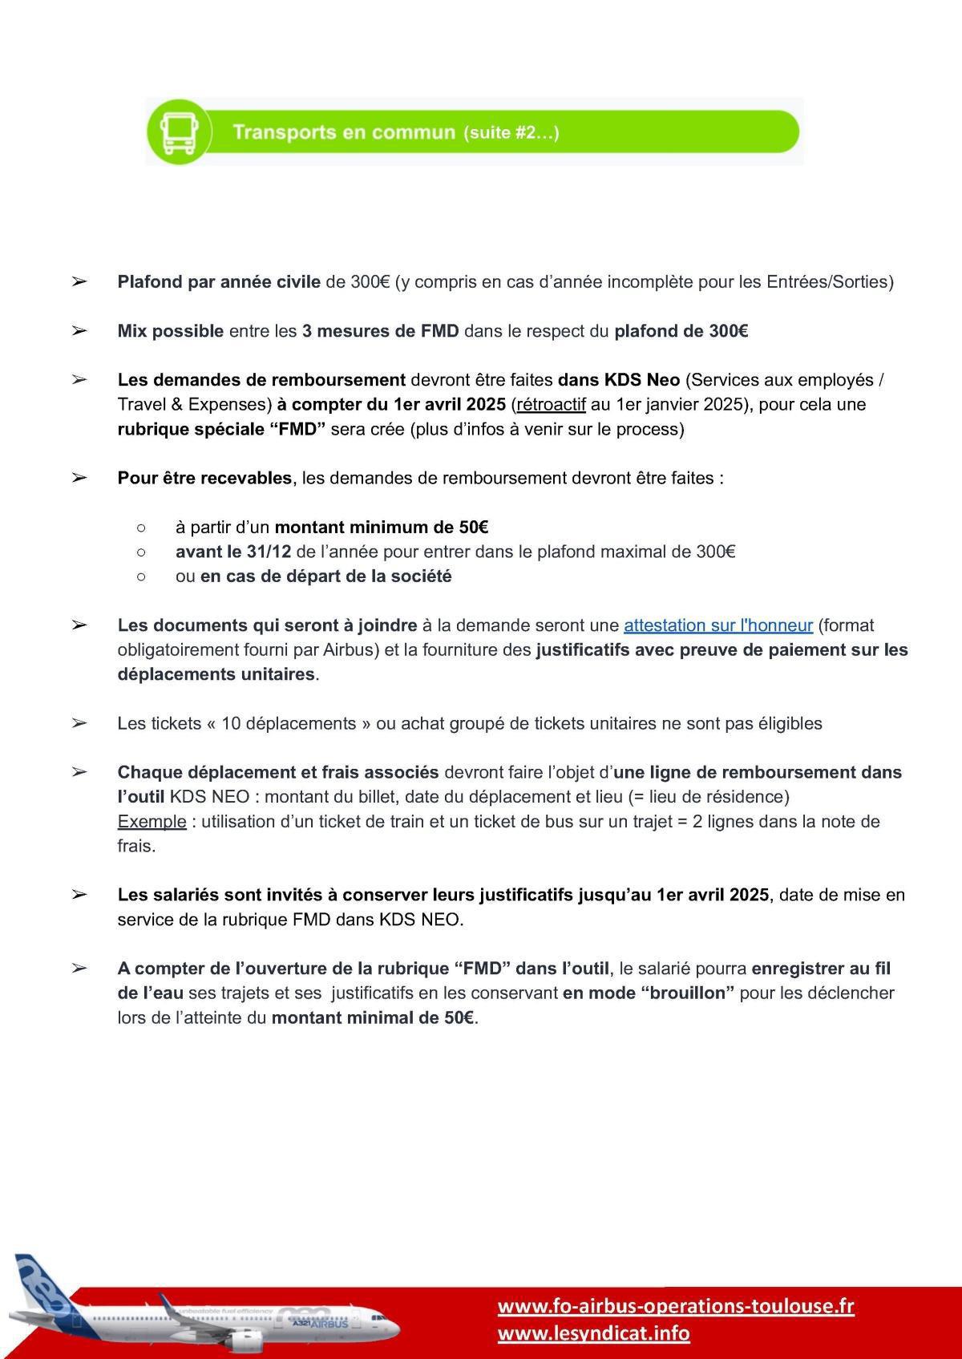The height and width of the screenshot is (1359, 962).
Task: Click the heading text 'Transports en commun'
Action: [x=343, y=132]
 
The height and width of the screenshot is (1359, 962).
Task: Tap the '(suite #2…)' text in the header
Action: [x=511, y=133]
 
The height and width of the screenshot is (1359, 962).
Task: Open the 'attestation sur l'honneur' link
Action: [x=718, y=625]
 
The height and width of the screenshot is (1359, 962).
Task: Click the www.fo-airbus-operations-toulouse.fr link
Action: [x=676, y=1306]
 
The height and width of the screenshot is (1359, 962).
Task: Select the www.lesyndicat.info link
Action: [x=593, y=1333]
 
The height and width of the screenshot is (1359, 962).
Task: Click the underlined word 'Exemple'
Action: [x=152, y=822]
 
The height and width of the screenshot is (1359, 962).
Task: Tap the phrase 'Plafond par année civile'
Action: [x=219, y=282]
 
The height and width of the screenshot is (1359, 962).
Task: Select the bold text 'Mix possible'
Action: [x=170, y=331]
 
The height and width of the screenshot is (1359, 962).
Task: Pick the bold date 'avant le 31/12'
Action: [x=233, y=552]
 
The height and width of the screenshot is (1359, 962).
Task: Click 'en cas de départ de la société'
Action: [x=325, y=576]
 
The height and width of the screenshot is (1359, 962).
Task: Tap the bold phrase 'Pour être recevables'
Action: [x=204, y=479]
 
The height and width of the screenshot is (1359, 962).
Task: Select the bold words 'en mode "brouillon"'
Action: [x=649, y=993]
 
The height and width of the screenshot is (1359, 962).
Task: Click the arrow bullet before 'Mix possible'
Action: [x=79, y=331]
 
